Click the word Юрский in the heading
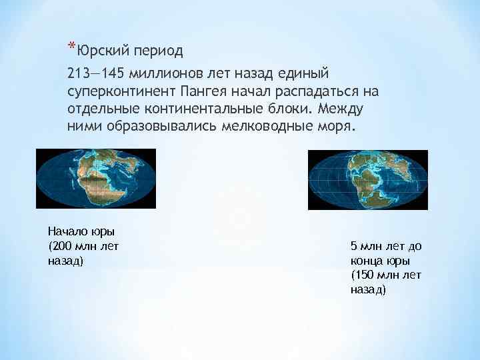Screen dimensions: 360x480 (103, 50)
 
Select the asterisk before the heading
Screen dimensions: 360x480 (71, 47)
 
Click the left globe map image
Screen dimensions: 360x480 (95, 179)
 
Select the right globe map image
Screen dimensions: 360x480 (367, 180)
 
